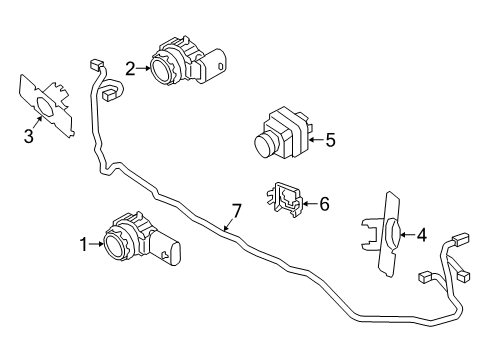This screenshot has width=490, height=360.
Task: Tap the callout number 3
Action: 29,136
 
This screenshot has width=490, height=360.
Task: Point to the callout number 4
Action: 421,235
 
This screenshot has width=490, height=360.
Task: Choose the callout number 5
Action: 330,141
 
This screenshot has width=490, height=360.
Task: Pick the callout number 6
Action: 323,204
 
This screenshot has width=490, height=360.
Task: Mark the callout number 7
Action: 237,210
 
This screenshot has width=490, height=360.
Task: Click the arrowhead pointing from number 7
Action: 225,230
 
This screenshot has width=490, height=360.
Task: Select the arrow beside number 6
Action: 308,204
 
